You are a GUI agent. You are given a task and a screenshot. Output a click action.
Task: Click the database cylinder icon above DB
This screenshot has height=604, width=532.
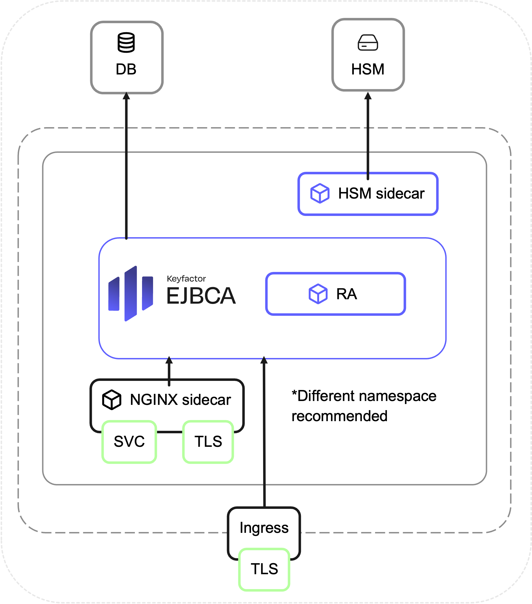coord(126,42)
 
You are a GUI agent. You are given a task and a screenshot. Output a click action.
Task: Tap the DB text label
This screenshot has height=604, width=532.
coord(126,70)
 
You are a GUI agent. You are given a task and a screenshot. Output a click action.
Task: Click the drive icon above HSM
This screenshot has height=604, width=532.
coord(368,43)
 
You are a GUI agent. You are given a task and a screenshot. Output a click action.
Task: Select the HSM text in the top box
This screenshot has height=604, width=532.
coord(368,70)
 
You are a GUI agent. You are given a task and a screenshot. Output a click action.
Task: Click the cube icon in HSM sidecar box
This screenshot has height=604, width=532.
coord(320,193)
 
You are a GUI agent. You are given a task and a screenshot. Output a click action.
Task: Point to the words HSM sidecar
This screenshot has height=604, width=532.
coord(381,194)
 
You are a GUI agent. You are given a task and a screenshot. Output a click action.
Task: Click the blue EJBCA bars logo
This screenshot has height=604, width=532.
coord(131,293)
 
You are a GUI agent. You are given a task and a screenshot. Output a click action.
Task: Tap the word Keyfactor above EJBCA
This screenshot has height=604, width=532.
coord(186,279)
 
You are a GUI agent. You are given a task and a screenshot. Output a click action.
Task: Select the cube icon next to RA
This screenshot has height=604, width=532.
coord(318,294)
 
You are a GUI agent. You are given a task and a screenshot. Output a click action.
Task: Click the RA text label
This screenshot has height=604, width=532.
coord(347,294)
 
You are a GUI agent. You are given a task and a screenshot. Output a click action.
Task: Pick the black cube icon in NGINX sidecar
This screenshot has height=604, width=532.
coord(111,400)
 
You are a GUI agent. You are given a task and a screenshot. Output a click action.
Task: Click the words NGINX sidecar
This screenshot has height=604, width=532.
coord(180,400)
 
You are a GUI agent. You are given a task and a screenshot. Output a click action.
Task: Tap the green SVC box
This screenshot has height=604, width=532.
coord(129,442)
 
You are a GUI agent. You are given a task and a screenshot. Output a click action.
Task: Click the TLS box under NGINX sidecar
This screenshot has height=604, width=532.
coord(208,442)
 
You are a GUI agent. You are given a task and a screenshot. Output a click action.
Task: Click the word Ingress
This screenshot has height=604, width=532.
coord(264,528)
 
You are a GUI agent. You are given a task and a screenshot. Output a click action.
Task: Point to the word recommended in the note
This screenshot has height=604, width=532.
coord(339,416)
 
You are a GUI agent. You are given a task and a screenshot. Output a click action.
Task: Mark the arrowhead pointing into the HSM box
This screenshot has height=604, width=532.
coord(368,95)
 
